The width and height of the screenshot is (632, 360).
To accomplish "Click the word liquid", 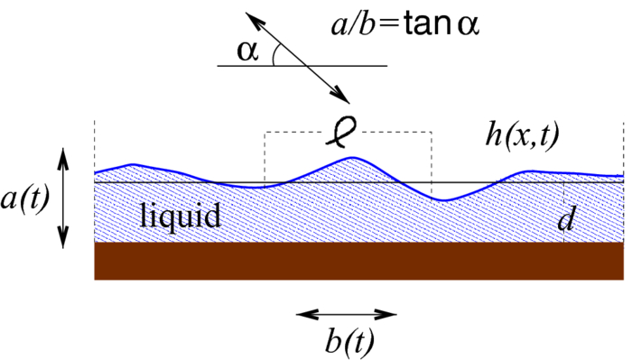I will point(181,217).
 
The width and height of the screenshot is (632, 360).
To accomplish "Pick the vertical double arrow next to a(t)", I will point(62,198).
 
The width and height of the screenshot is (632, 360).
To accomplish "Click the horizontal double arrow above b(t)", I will point(347,315).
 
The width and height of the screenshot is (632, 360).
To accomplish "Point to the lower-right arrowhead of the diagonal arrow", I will point(343,98).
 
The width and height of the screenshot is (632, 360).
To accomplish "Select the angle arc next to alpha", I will point(274,57).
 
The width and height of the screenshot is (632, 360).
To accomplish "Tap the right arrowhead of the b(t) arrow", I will point(390,315).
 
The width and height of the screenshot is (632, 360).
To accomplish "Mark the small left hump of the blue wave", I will point(133,164).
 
